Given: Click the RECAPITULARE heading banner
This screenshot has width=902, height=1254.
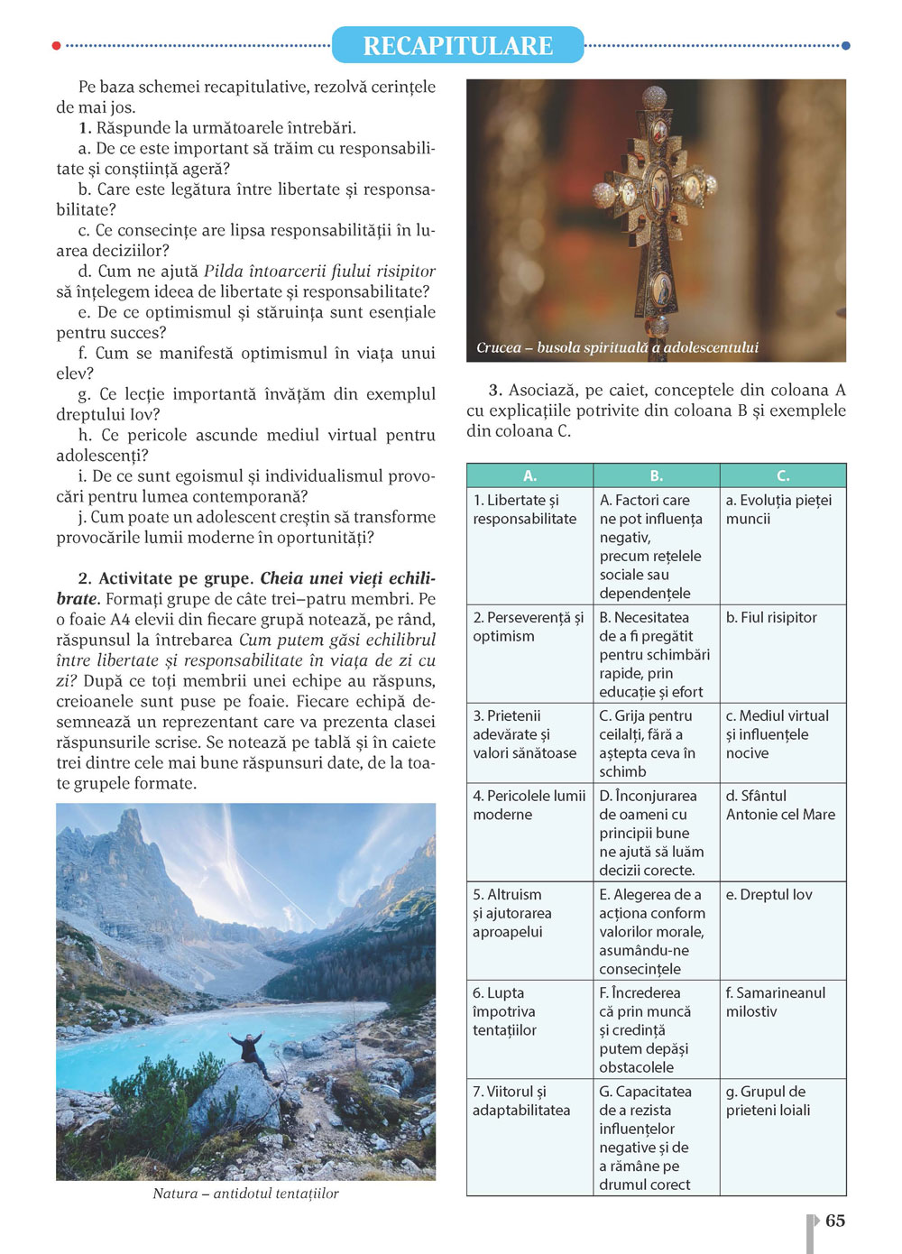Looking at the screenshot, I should [x=457, y=45].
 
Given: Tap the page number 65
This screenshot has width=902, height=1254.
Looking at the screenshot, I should [x=835, y=1221].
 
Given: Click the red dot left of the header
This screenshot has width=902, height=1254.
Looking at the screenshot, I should [x=57, y=45].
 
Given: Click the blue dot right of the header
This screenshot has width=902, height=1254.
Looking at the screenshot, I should [x=845, y=45].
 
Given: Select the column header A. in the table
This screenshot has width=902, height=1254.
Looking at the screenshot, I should [x=529, y=475].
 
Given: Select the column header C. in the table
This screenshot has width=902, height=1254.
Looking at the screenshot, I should [x=782, y=475].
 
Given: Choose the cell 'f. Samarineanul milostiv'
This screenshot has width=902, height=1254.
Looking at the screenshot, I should [x=776, y=1002].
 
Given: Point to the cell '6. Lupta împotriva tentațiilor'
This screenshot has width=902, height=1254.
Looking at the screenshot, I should [x=505, y=1011].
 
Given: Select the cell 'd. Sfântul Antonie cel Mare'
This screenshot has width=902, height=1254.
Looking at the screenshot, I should [x=780, y=806].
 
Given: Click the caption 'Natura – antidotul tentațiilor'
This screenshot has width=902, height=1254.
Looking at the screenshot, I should [x=245, y=1194].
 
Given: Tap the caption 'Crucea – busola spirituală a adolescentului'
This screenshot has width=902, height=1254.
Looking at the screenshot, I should [x=617, y=347].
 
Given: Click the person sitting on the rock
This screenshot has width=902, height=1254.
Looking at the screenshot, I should [x=248, y=1051].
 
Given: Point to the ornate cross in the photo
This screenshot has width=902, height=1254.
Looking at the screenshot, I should [x=658, y=207].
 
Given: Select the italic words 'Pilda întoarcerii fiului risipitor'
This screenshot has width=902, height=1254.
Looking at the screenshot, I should [x=319, y=272].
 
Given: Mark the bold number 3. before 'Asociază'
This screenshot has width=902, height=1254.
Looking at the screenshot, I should [x=495, y=391].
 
